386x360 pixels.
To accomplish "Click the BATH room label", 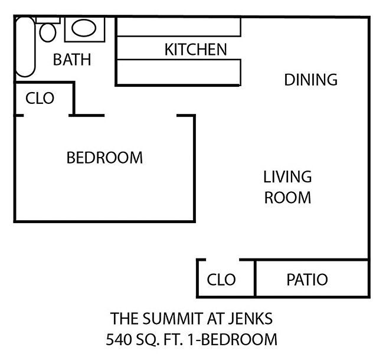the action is click(72, 60).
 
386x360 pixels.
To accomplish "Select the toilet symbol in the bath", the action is click(48, 32).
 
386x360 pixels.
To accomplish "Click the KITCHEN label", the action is click(195, 50).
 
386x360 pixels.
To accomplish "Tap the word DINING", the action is click(310, 79).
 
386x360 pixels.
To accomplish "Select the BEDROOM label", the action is click(104, 158).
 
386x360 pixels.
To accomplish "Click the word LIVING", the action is click(287, 176).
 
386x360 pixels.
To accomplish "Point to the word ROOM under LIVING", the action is click(287, 197).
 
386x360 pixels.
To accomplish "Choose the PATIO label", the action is click(307, 279).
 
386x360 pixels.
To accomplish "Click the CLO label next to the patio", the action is click(221, 279).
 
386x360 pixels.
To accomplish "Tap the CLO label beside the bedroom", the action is click(40, 98).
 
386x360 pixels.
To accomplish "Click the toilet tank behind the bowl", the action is click(48, 19).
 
